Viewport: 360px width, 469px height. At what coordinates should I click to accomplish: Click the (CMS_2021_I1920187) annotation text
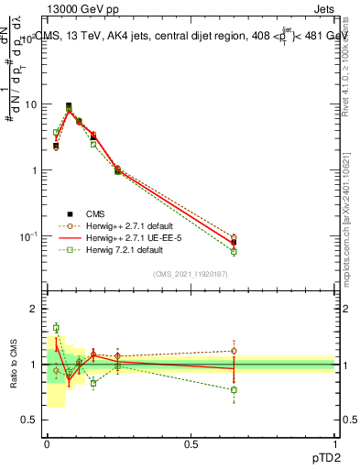point(191,273)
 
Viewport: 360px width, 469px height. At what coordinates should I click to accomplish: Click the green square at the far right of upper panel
point(234,251)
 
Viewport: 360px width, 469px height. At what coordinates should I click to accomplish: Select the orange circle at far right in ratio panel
point(234,351)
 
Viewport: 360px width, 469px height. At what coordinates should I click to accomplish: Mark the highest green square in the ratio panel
point(56,327)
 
